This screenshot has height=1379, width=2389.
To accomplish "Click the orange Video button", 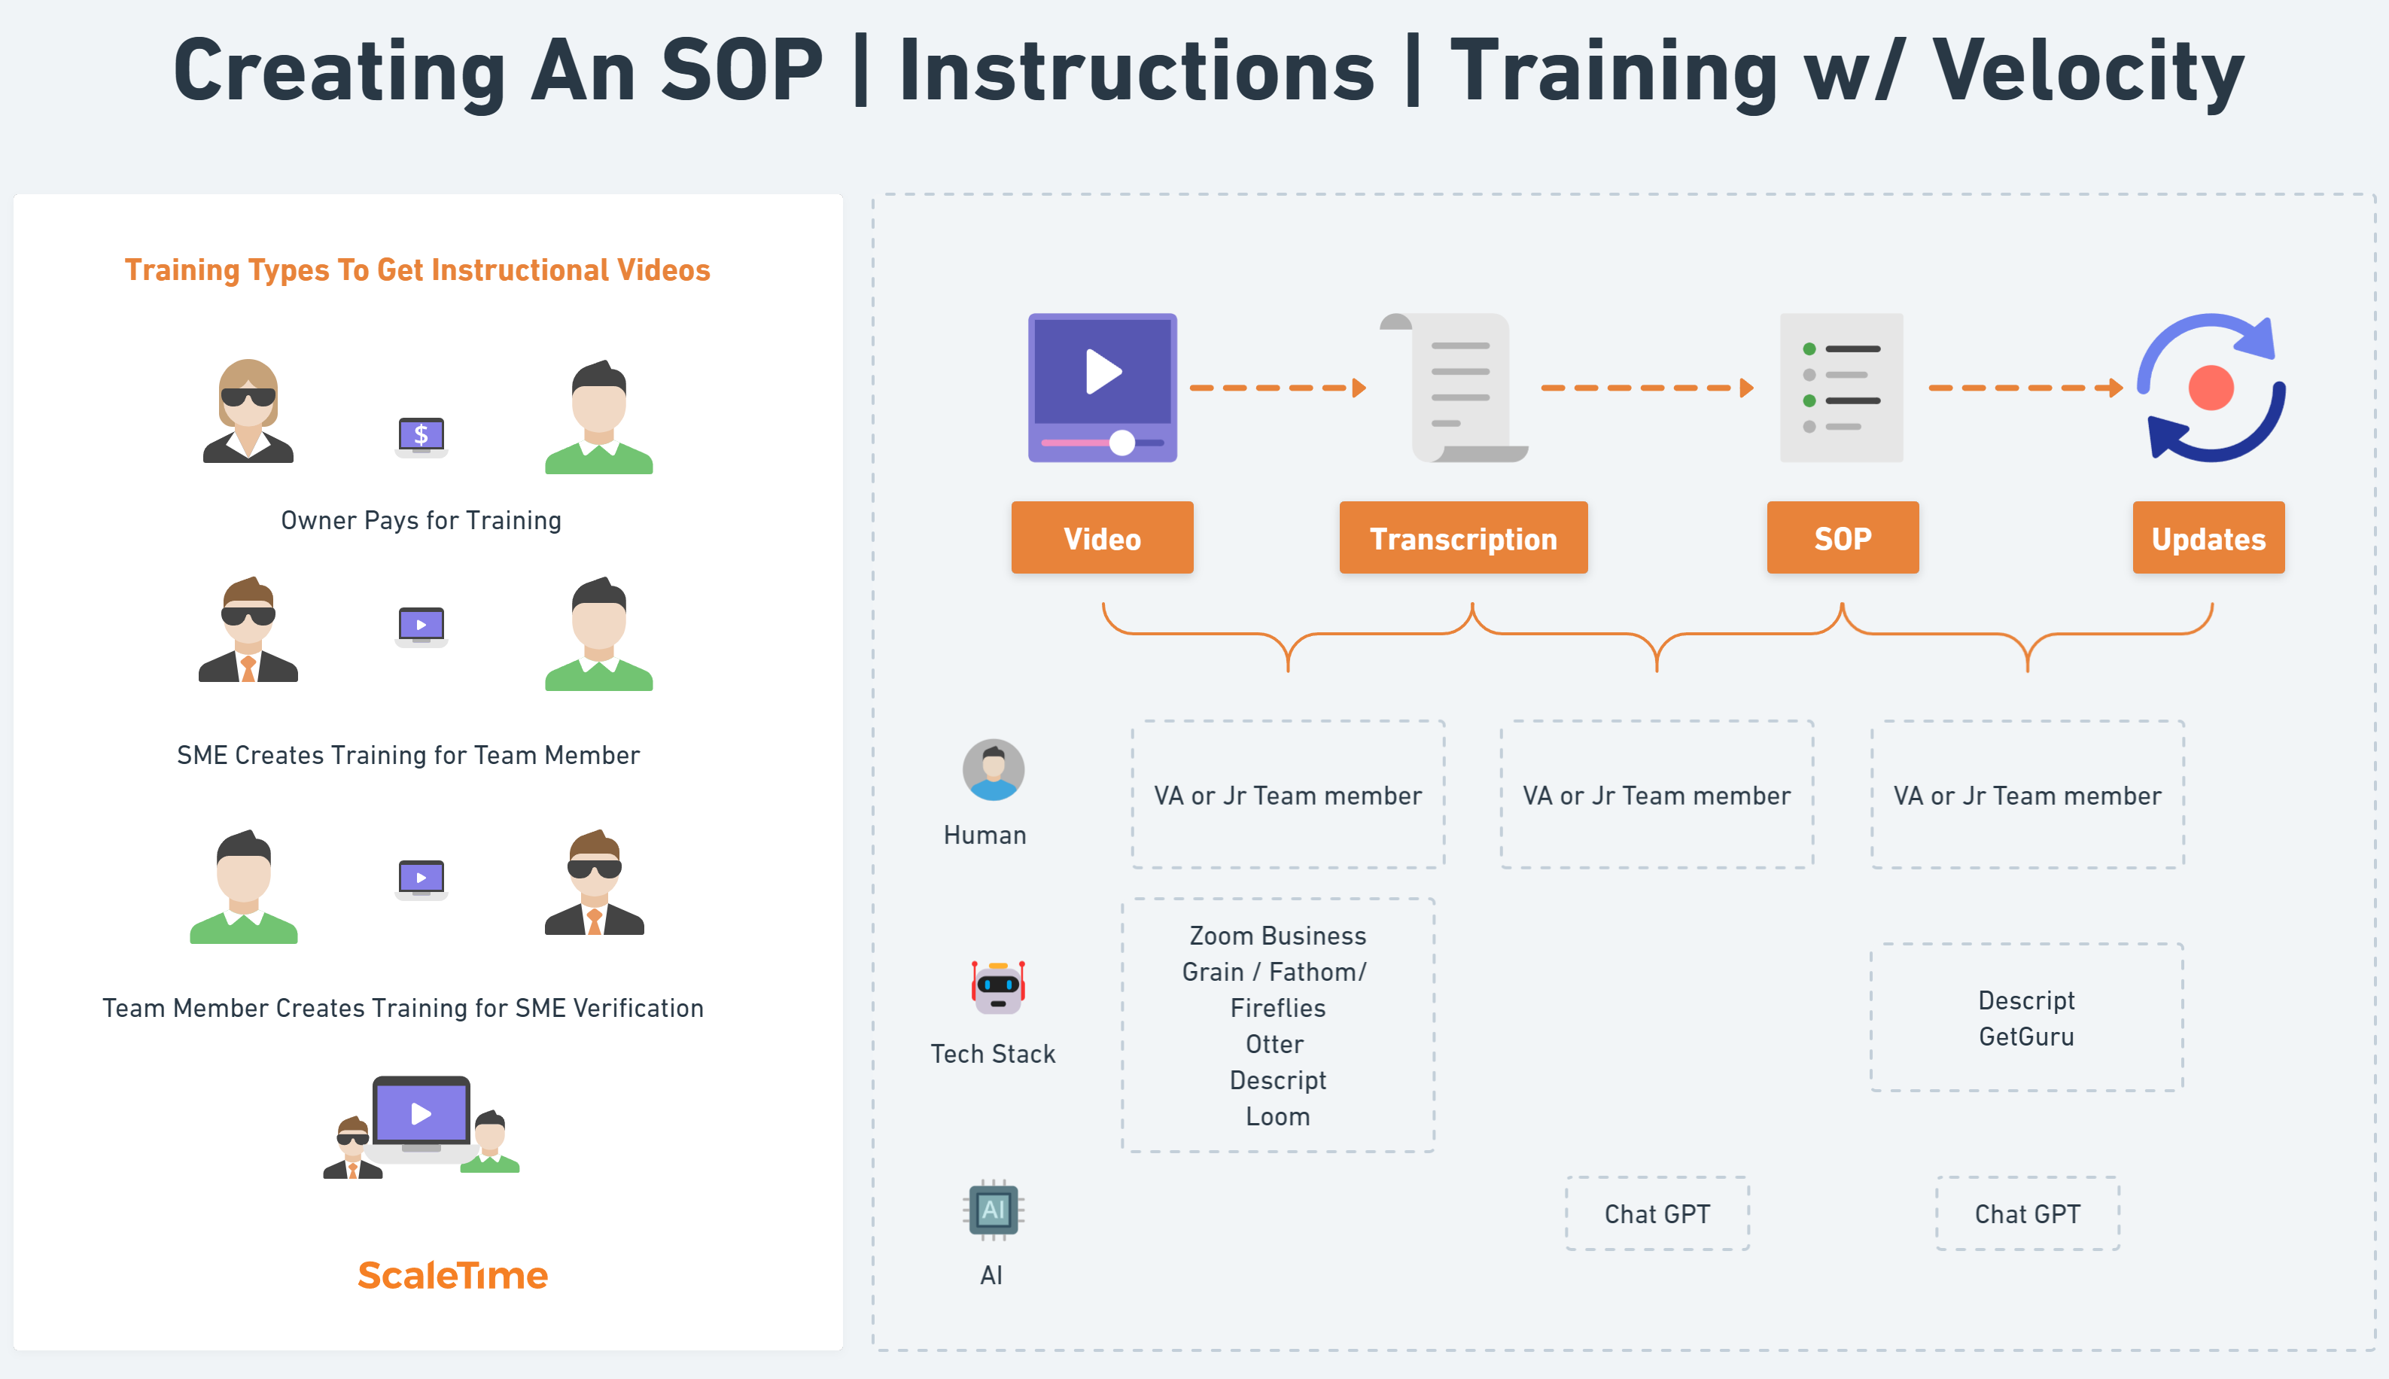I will pos(1101,538).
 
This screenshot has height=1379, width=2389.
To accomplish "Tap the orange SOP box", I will pos(1842,538).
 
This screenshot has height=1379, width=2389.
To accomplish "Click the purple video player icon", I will pos(1102,388).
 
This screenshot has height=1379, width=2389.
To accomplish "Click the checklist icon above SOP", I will pos(1841,388).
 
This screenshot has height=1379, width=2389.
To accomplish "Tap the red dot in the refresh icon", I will pos(2210,388).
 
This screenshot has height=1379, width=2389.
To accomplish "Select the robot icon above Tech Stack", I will pos(997,986).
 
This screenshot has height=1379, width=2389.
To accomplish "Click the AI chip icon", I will pos(992,1210).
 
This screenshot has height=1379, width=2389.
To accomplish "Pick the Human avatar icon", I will pos(992,770).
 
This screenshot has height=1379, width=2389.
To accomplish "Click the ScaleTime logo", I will pos(452,1275).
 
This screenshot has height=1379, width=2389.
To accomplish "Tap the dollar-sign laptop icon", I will pos(421,436).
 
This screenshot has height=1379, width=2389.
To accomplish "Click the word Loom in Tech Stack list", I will pos(1277,1116).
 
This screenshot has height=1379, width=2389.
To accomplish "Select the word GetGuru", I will pos(2025,1037).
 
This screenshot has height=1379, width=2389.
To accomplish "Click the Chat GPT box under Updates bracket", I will pos(2026,1213).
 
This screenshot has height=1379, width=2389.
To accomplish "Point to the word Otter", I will pos(1274,1044).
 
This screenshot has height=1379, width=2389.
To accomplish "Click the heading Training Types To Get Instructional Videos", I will pos(418,270).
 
